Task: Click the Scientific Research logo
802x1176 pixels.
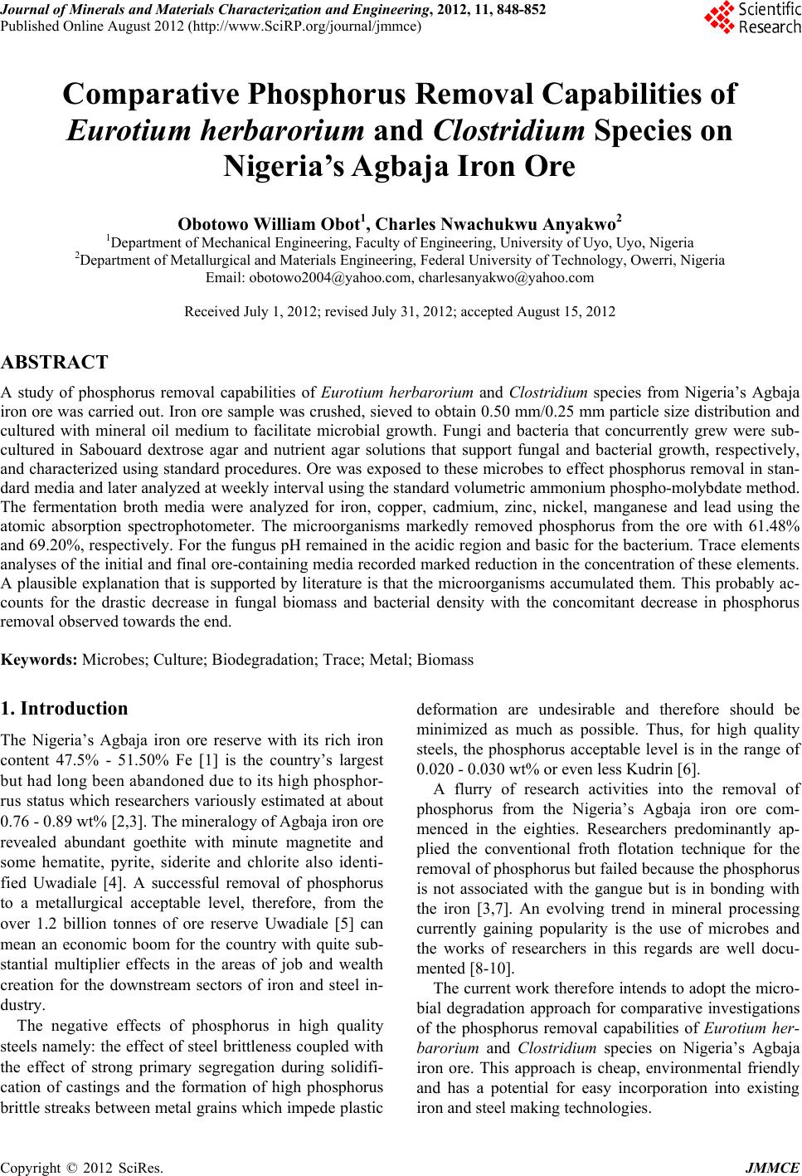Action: click(x=751, y=18)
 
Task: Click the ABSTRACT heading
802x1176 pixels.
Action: click(x=55, y=363)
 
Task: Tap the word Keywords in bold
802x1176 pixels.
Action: click(x=39, y=661)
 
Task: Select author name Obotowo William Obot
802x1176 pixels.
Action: click(x=270, y=224)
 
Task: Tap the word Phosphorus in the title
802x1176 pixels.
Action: click(x=339, y=95)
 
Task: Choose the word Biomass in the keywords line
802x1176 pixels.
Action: click(x=445, y=661)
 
